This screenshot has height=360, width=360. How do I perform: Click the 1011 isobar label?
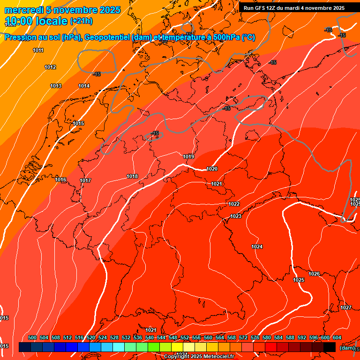pos(38,50)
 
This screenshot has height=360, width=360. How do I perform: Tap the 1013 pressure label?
pos(56,86)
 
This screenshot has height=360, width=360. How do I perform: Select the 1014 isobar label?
pos(84,86)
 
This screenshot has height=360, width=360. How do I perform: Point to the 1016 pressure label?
pos(60,180)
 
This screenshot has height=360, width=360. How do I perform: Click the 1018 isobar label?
pos(132,176)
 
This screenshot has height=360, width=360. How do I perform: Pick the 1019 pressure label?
pos(188,157)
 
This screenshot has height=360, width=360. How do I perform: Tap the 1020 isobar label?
pos(212,169)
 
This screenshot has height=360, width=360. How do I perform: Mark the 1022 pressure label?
pos(234,204)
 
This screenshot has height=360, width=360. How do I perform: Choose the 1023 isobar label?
pos(236,216)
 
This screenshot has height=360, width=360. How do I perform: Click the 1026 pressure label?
pos(314,274)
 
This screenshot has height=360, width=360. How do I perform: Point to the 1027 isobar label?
pos(346,307)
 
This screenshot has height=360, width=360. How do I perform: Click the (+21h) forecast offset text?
pos(81,21)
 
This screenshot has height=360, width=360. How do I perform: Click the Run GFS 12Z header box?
pos(294,8)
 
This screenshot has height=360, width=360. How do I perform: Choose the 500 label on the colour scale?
pos(32,337)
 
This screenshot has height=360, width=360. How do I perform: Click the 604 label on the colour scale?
pos(337,337)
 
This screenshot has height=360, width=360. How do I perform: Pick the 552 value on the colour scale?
pos(185,337)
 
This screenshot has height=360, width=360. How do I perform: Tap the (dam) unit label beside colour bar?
pos(347,347)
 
